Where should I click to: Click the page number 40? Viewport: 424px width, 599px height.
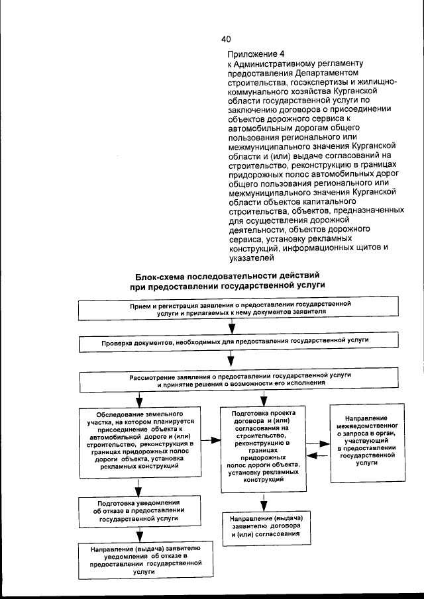pos(226,39)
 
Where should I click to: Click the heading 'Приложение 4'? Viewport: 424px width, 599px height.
pos(255,54)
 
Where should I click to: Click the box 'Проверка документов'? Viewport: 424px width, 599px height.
pos(238,342)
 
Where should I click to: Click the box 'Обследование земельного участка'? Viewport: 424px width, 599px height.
pos(138,439)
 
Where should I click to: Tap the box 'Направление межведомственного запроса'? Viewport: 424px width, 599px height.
pos(366,439)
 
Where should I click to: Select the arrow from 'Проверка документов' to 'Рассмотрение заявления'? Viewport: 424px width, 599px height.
pos(232,360)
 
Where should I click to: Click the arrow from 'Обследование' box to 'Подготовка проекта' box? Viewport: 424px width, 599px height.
pos(211,439)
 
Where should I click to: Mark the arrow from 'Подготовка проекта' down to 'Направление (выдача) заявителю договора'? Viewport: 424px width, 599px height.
pos(264,500)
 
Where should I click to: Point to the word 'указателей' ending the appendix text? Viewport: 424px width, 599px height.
pos(248,258)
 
